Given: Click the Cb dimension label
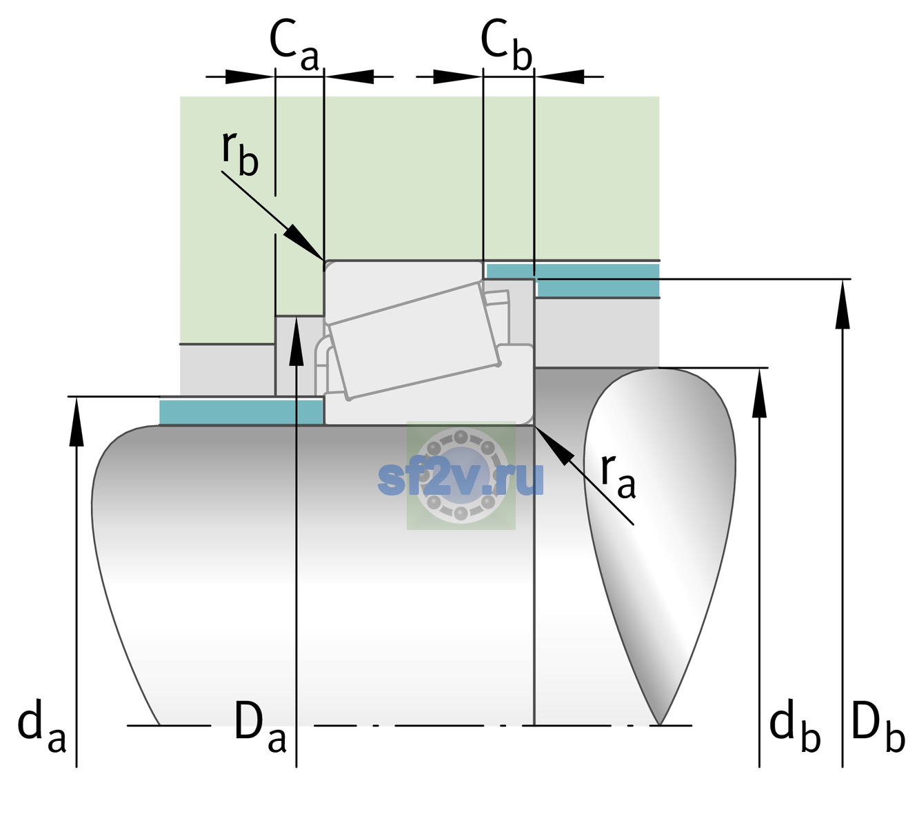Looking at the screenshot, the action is coord(507,45).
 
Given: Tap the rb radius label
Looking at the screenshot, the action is coord(240,153).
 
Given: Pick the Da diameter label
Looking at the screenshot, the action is coord(260,726).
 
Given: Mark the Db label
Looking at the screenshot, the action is coord(878,726).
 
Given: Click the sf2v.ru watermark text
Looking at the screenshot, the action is coord(461,478).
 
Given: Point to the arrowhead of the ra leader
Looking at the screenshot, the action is coord(554,446).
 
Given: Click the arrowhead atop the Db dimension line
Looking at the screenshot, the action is coord(843,304).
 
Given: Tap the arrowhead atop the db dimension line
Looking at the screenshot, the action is coord(759,393).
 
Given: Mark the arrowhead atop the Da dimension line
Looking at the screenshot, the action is coord(296,341).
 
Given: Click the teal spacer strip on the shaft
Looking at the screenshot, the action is coord(241,412).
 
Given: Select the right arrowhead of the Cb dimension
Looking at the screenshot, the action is coord(559,76).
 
